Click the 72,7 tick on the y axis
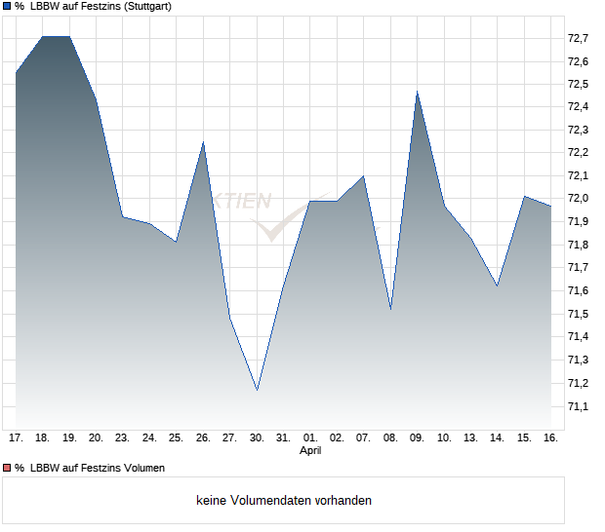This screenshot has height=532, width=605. click(578, 38)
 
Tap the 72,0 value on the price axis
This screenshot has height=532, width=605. click(578, 199)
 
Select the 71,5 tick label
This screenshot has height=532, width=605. click(578, 314)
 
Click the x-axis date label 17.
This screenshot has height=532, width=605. click(16, 437)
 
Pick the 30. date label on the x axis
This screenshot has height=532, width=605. click(256, 437)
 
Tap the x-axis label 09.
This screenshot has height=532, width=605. click(417, 437)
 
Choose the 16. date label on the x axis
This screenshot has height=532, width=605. click(550, 437)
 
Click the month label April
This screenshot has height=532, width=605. click(309, 451)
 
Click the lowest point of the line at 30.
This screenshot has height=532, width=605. click(257, 390)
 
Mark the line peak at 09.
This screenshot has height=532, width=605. click(418, 92)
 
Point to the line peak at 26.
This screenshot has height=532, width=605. click(203, 142)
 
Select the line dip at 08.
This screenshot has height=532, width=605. click(390, 309)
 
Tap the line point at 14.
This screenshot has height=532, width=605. click(498, 285)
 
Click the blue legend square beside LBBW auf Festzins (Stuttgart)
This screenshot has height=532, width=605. click(7, 7)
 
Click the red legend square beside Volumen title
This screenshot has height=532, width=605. click(7, 468)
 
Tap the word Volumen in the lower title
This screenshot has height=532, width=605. click(141, 468)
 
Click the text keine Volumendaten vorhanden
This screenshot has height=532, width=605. click(284, 501)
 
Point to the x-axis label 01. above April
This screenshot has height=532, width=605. click(309, 437)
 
